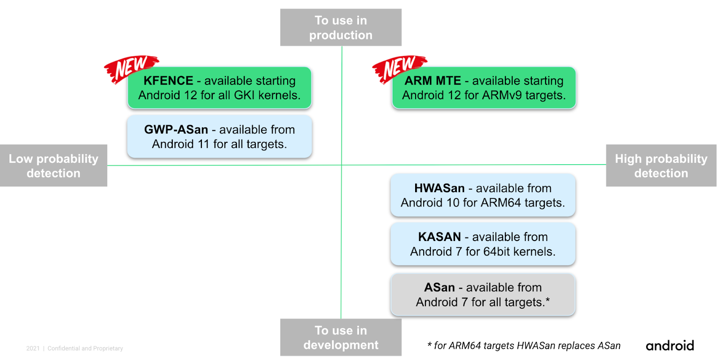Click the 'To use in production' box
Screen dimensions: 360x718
tap(341, 27)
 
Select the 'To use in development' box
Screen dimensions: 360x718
tap(341, 338)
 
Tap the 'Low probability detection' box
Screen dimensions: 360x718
tap(53, 166)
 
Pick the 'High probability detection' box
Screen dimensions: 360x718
tap(661, 166)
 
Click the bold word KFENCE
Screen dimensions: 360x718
tap(168, 81)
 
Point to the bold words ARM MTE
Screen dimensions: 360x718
tap(433, 81)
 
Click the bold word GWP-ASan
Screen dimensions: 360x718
tap(176, 130)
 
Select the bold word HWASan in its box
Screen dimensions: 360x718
tap(439, 188)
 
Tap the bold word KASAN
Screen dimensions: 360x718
tap(439, 237)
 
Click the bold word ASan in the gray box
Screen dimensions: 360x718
tap(439, 287)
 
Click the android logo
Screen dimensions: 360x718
tap(670, 346)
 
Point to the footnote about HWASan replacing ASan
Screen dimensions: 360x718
tap(524, 346)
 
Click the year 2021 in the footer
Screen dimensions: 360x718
tap(33, 348)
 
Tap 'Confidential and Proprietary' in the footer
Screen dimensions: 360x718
tap(85, 348)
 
